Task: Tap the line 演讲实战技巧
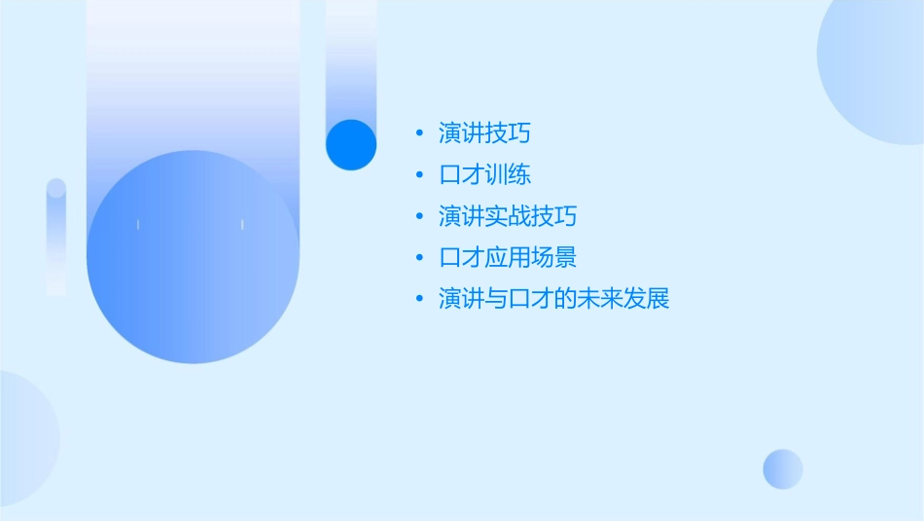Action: tap(508, 216)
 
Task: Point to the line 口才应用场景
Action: tap(508, 258)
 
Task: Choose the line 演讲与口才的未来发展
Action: tap(553, 299)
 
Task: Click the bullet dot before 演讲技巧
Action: tap(418, 134)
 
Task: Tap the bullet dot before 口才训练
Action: tap(418, 176)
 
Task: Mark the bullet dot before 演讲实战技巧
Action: tap(418, 217)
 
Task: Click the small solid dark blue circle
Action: tap(351, 144)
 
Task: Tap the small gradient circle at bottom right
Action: tap(783, 468)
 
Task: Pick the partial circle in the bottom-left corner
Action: tap(24, 438)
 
